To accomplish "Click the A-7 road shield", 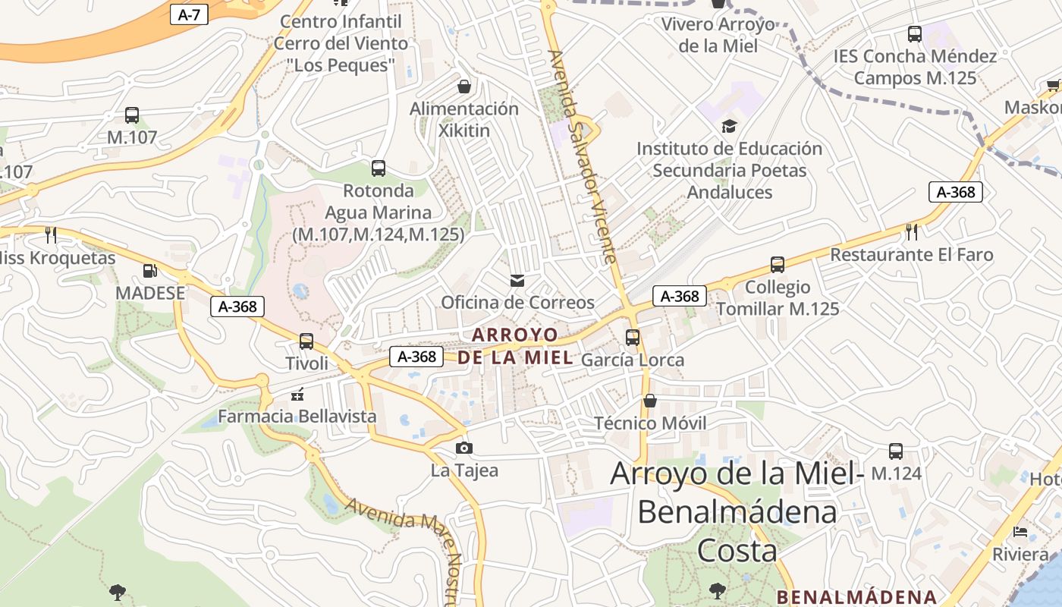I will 189,14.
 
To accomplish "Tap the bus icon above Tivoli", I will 306,341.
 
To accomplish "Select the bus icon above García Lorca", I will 633,338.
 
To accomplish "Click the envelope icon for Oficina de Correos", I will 517,281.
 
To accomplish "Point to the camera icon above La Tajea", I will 464,448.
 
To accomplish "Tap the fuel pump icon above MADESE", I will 150,271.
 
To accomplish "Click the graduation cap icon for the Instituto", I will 729,126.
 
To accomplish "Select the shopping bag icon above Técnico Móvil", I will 650,401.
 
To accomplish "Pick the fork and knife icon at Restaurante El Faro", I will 912,232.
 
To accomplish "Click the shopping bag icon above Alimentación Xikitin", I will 464,86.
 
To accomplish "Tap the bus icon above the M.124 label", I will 896,451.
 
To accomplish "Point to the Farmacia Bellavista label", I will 297,416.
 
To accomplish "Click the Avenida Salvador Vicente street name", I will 583,156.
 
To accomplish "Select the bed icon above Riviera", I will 1020,532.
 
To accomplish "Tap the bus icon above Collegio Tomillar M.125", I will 778,265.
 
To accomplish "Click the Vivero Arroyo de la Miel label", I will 718,35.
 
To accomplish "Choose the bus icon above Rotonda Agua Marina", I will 379,168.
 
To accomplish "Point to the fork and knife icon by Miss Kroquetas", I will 51,235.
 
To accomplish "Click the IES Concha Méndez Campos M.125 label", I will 915,67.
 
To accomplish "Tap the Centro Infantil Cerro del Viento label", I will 341,43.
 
